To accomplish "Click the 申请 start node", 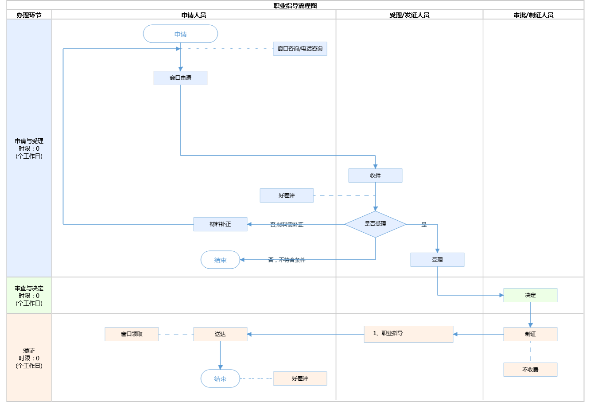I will click(x=180, y=34).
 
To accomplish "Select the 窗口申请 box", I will click(x=180, y=78).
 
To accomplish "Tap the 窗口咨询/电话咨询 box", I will click(x=300, y=49).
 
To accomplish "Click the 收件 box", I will click(x=375, y=176).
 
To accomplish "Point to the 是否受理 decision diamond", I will click(x=375, y=224).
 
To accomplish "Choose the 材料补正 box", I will click(x=220, y=224).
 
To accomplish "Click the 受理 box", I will click(x=437, y=260).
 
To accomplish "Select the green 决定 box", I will click(x=530, y=295).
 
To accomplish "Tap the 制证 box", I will click(x=530, y=334).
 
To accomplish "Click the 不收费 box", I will click(x=530, y=370).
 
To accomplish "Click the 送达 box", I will click(x=220, y=334).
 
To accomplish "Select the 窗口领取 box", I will click(x=132, y=334).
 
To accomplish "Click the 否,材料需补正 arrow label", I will click(x=287, y=225).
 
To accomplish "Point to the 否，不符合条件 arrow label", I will click(x=287, y=260).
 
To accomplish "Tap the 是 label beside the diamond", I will click(x=424, y=225).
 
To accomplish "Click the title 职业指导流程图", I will click(x=295, y=6).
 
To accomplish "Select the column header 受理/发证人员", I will click(x=409, y=15).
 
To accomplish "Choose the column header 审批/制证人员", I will click(x=533, y=15).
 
